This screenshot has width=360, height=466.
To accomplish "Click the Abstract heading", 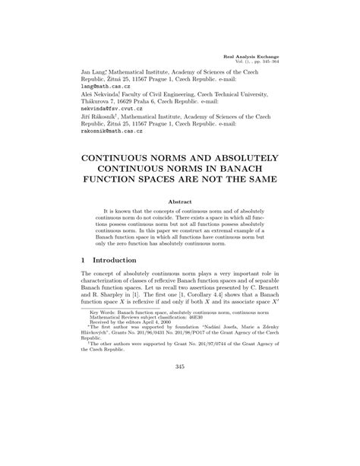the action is pos(179,200).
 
